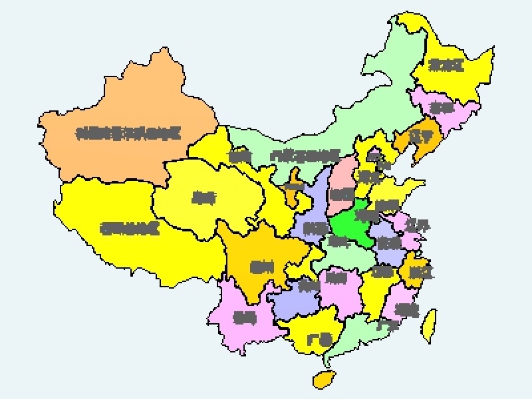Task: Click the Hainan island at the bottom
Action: (323, 380)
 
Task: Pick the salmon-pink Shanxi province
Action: (343, 180)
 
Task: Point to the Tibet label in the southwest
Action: (130, 229)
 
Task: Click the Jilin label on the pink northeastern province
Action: (441, 107)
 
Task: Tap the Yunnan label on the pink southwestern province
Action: (245, 318)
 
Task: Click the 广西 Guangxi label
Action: (319, 340)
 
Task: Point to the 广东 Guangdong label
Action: (386, 326)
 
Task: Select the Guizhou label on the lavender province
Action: (308, 287)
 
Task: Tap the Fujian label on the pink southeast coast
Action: (406, 309)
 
